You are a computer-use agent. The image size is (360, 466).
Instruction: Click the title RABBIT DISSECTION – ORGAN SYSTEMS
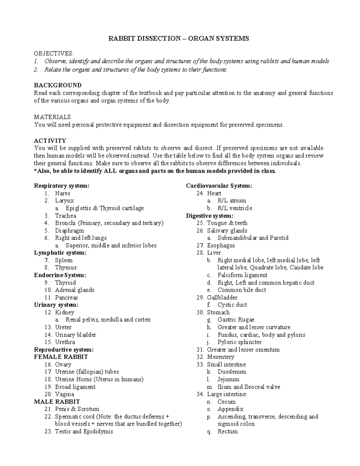pyautogui.click(x=178, y=39)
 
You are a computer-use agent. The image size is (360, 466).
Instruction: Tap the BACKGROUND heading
pyautogui.click(x=58, y=85)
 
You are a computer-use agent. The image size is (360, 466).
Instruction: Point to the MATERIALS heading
pyautogui.click(x=52, y=117)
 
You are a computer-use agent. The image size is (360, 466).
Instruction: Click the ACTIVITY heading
pyautogui.click(x=50, y=141)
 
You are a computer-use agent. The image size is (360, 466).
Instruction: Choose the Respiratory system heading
pyautogui.click(x=61, y=186)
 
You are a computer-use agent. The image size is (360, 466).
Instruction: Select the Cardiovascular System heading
pyautogui.click(x=219, y=186)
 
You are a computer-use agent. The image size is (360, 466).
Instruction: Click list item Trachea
pyautogui.click(x=65, y=216)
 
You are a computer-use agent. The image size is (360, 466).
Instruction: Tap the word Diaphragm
pyautogui.click(x=69, y=231)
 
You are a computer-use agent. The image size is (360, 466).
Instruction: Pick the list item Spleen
pyautogui.click(x=64, y=260)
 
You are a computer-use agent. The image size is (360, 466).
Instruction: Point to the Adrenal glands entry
pyautogui.click(x=74, y=290)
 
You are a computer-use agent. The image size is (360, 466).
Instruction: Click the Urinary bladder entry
pyautogui.click(x=75, y=335)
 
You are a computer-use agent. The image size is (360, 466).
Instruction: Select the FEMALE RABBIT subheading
pyautogui.click(x=61, y=357)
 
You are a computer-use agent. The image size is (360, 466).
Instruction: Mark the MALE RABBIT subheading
pyautogui.click(x=57, y=401)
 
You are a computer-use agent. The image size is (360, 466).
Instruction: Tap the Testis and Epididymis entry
pyautogui.click(x=84, y=431)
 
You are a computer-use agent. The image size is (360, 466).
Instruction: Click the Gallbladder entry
pyautogui.click(x=222, y=297)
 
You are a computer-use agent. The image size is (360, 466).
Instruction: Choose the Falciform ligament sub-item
pyautogui.click(x=242, y=275)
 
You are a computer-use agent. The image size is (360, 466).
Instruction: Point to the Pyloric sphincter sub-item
pyautogui.click(x=239, y=342)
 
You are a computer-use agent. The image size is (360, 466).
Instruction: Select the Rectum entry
pyautogui.click(x=227, y=431)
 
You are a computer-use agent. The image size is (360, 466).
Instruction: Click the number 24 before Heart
pyautogui.click(x=200, y=194)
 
